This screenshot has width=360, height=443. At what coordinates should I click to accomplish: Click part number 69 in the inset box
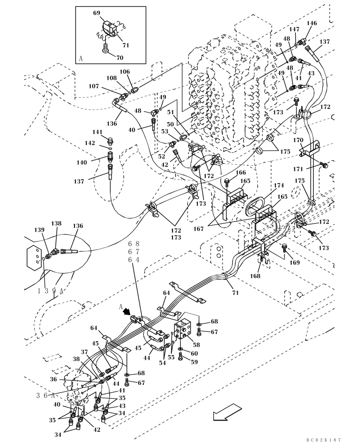tap(97, 13)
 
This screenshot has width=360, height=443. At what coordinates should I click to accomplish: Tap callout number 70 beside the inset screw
tap(120, 58)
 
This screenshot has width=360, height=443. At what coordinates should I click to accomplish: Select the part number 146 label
tap(312, 23)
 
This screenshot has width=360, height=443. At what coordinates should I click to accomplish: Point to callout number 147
tap(294, 29)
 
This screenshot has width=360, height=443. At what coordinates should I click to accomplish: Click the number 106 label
tap(125, 72)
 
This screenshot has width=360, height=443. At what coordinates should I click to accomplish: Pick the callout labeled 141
tap(97, 132)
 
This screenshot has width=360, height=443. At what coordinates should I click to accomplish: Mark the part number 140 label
tap(82, 163)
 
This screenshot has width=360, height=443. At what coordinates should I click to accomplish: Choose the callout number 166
tap(240, 173)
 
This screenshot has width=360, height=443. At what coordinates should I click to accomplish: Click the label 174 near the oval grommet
tap(278, 185)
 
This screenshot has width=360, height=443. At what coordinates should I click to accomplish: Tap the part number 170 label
tap(297, 140)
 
